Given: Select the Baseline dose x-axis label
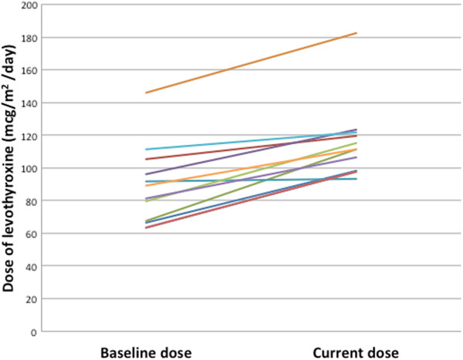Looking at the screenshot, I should (x=145, y=352).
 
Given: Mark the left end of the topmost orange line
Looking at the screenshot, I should (x=146, y=93).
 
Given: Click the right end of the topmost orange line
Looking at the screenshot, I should (x=357, y=33).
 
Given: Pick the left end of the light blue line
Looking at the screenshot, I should (x=146, y=150).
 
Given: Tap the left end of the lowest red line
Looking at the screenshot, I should (x=146, y=227).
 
